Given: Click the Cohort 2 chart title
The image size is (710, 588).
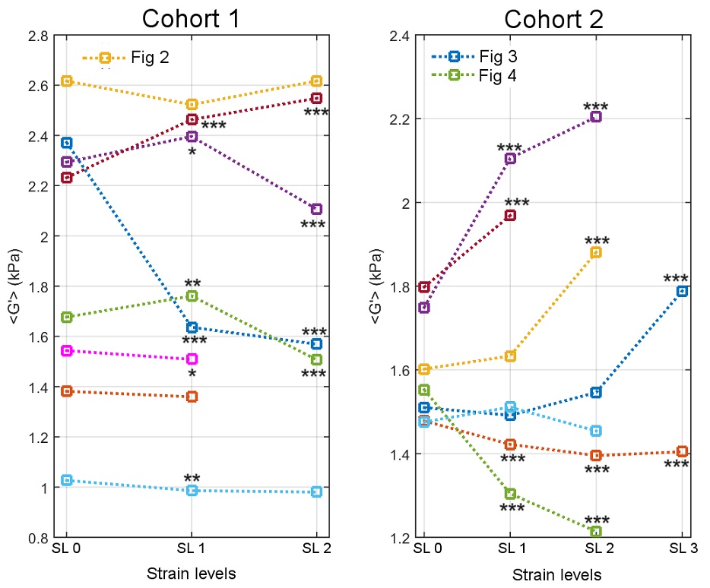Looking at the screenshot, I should pyautogui.click(x=554, y=17).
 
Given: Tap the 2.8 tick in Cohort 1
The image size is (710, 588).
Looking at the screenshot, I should pyautogui.click(x=40, y=36).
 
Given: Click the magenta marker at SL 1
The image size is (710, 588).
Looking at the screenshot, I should pyautogui.click(x=192, y=359).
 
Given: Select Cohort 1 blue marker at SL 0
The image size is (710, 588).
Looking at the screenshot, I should pyautogui.click(x=67, y=143).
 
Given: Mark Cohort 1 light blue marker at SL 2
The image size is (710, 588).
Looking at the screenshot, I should pyautogui.click(x=317, y=492).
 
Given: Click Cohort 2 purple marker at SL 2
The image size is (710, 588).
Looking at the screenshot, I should pyautogui.click(x=596, y=116).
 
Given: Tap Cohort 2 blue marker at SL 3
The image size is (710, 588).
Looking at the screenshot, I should pyautogui.click(x=683, y=291).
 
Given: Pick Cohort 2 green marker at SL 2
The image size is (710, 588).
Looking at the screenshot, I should pyautogui.click(x=596, y=532).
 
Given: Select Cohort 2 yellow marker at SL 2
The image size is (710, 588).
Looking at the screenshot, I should pyautogui.click(x=596, y=252).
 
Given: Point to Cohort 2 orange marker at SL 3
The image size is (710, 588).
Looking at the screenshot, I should pyautogui.click(x=683, y=451).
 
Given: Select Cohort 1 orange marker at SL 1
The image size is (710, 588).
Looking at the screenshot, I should pyautogui.click(x=192, y=397).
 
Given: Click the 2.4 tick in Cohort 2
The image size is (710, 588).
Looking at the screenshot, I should pyautogui.click(x=401, y=36).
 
